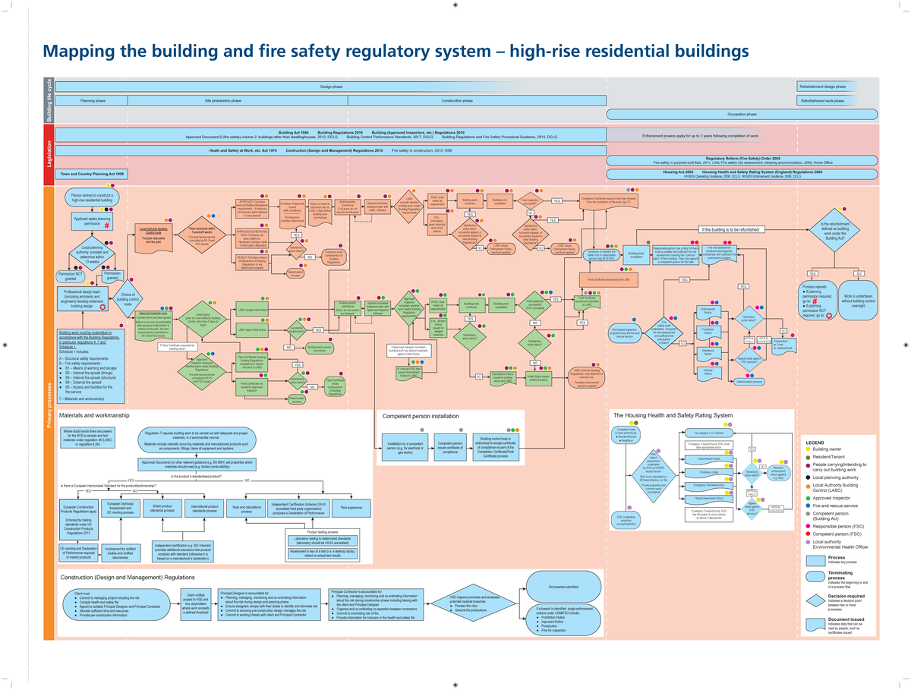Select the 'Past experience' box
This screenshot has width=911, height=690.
coord(351,507)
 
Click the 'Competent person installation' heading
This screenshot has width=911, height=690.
coord(420,417)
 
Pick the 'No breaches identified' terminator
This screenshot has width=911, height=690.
coord(563,587)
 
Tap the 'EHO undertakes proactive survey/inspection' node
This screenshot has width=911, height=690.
coord(631,520)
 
